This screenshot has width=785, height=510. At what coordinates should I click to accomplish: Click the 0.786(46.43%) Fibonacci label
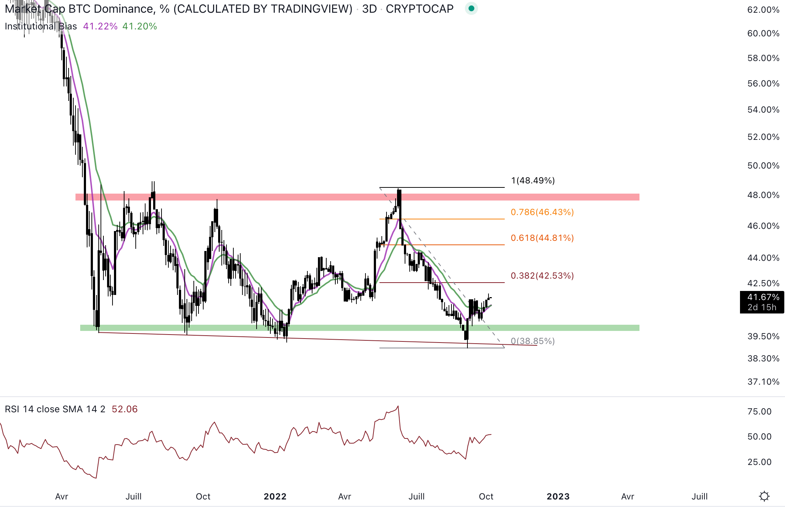coord(542,212)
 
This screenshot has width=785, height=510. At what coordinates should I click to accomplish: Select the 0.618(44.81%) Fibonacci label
coord(542,238)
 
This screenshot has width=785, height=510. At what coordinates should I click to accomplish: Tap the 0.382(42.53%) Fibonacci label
coord(542,276)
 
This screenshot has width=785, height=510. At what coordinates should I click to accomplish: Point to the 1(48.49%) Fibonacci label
coord(533,181)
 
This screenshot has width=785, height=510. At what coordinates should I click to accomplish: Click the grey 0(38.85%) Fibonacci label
coord(533,341)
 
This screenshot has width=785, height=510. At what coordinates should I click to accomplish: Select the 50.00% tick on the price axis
coord(763,166)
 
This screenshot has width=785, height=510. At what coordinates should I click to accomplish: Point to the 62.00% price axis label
coord(763,10)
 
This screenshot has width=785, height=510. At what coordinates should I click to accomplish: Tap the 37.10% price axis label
coord(763,382)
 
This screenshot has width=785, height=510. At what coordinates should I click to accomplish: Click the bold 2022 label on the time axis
coord(275,497)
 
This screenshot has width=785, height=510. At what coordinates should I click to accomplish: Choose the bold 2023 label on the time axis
coord(558,497)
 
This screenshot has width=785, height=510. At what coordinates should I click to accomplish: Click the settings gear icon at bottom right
coord(764,496)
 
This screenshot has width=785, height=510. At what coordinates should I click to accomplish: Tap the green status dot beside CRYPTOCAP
coord(471,8)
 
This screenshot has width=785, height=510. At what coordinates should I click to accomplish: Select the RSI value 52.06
coord(124,409)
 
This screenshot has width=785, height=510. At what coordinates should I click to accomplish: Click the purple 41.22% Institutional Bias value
coord(100,26)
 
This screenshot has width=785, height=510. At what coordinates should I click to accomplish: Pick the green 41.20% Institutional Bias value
coord(140,26)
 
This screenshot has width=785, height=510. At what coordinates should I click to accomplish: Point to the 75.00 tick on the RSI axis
coord(759,412)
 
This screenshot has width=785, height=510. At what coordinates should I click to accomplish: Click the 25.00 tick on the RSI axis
coord(759,462)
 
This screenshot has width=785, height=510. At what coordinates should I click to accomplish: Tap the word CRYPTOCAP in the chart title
coord(420,9)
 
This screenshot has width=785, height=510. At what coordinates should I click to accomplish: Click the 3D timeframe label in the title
coord(369,9)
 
